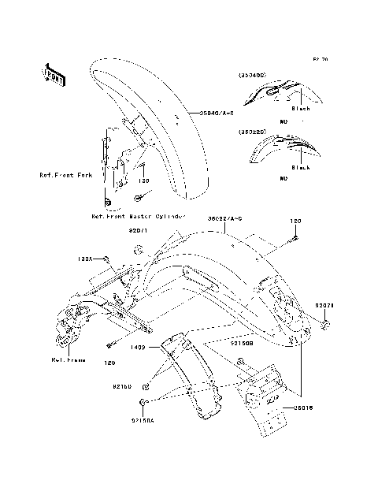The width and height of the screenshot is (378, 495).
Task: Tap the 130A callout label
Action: [84, 259]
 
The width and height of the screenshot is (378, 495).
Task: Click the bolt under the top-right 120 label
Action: [295, 236]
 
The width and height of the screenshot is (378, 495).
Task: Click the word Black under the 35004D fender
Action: [301, 109]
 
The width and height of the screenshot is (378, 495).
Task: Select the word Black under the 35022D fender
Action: [301, 167]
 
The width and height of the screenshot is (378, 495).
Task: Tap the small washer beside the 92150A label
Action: [143, 403]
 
